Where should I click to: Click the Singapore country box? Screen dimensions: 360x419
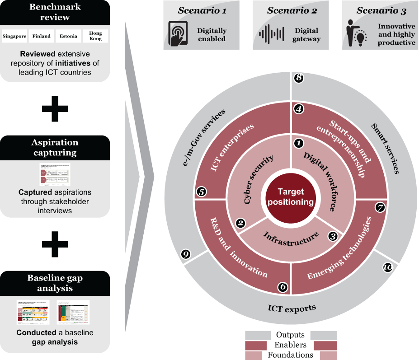pos(14,36)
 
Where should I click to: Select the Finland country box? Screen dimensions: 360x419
pos(42,36)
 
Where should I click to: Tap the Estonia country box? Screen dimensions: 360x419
pos(68,36)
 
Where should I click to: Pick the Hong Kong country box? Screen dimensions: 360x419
pos(95,36)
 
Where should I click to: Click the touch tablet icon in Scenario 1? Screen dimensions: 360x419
pos(178,33)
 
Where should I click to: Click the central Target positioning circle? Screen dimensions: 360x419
pos(290,197)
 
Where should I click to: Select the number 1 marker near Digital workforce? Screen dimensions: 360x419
pos(298,143)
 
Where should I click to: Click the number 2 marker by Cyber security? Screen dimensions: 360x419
pos(240,223)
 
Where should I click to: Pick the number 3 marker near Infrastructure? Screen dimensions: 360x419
pos(333,235)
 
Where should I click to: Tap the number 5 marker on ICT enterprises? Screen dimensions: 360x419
pos(202,192)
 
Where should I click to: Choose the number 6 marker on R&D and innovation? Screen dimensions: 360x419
pos(283,287)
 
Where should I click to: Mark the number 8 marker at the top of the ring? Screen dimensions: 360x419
pos(298,78)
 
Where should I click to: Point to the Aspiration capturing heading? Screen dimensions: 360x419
pos(55,147)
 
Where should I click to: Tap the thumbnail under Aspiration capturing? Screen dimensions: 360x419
pos(55,174)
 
